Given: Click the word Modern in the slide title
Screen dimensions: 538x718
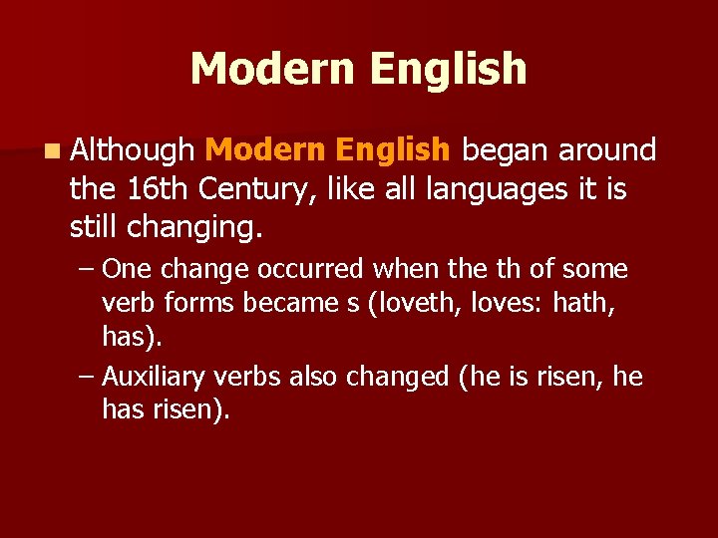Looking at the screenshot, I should tap(271, 69).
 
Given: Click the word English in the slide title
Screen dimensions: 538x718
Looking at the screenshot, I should tap(448, 69).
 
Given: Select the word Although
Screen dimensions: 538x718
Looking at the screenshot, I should tap(133, 150).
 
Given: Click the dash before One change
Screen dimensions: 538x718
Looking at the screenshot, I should tap(86, 270).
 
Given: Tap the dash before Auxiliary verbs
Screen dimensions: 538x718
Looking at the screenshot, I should tap(86, 378).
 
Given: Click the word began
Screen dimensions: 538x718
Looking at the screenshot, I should tap(505, 150).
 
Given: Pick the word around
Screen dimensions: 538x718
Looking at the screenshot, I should tap(606, 150).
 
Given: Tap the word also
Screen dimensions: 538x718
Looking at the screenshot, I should tap(316, 378).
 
